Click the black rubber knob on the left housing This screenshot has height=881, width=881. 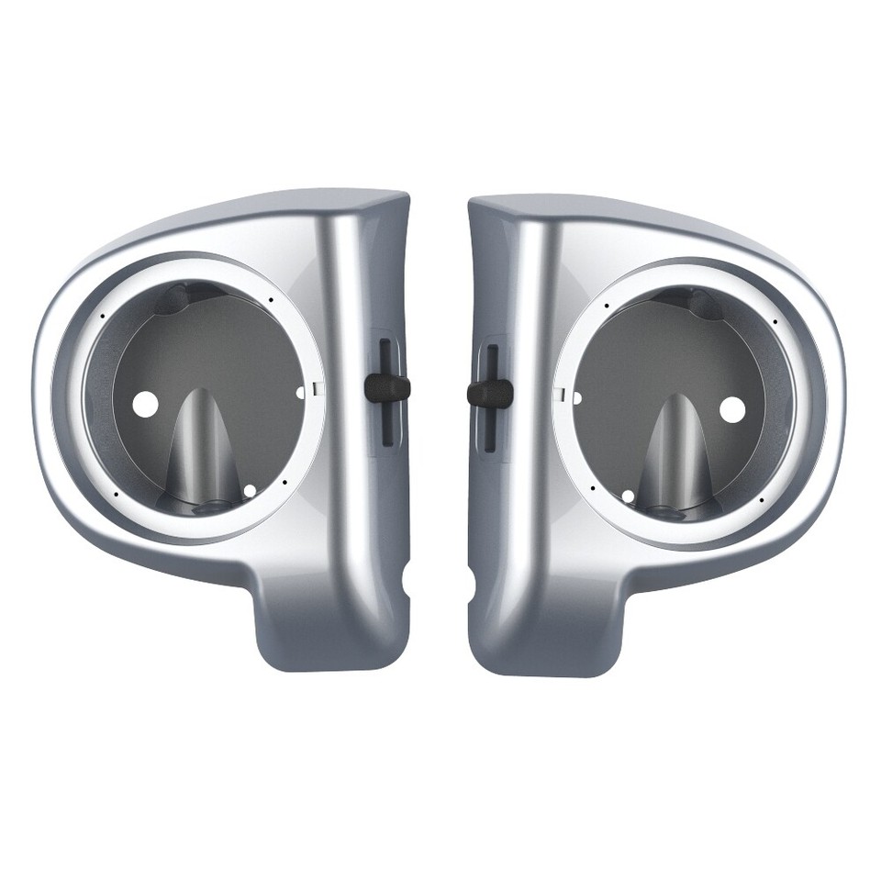[x=386, y=387]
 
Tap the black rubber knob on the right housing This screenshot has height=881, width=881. [x=490, y=394]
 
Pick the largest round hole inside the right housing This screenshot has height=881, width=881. [x=731, y=409]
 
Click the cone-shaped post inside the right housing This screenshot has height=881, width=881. [x=675, y=450]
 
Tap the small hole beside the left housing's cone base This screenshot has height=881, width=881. [x=250, y=491]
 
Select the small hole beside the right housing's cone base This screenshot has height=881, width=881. [x=628, y=496]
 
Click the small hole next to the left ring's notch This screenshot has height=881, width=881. [x=300, y=393]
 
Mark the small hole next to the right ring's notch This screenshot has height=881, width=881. [x=576, y=398]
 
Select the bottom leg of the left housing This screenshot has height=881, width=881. [x=330, y=633]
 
